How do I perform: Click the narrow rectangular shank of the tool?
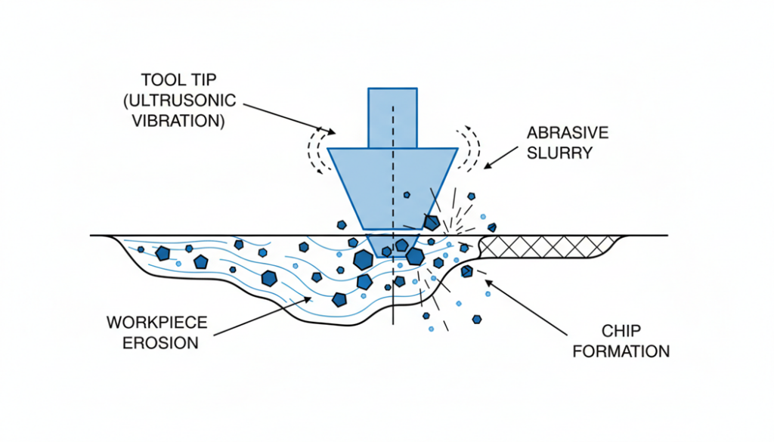click(x=392, y=117)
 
